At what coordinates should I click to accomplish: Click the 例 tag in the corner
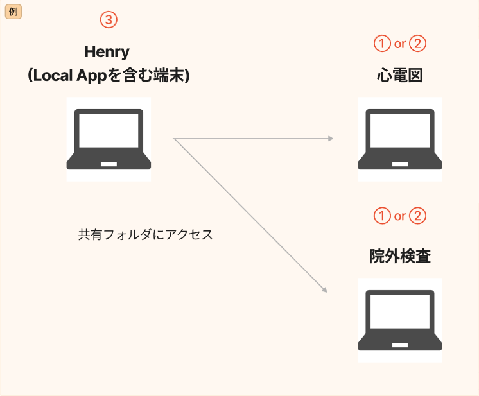tap(13, 12)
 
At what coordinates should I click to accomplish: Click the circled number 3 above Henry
tap(109, 20)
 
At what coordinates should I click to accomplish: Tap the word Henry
tap(107, 52)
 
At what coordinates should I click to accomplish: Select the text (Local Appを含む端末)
tap(108, 76)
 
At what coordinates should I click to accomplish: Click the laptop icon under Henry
tap(109, 139)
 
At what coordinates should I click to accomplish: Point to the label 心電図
tap(399, 76)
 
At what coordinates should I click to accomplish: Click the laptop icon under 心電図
tap(399, 139)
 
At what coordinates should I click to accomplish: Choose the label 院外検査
tap(399, 257)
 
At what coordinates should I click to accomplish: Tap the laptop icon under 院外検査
tap(399, 320)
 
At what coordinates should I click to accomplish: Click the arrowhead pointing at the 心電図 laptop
tap(330, 139)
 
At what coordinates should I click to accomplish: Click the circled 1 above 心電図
tap(382, 44)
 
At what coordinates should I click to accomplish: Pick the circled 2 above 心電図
tap(417, 44)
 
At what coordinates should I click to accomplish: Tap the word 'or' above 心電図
tap(399, 44)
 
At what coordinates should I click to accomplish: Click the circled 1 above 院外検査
tap(382, 216)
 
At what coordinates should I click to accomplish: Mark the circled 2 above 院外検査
tap(417, 216)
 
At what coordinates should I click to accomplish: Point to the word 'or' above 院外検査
tap(399, 216)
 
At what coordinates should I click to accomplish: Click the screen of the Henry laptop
tap(109, 131)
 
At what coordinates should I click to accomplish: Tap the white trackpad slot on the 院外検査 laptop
tap(399, 345)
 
